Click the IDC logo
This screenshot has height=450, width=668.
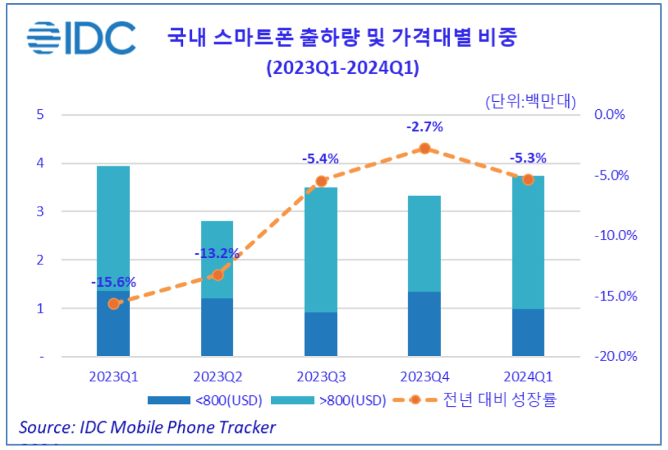coord(81,37)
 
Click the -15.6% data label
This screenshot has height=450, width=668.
coord(113,282)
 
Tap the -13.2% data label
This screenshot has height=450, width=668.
coord(217,254)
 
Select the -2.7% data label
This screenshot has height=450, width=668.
coord(425,127)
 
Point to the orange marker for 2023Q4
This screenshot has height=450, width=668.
coord(425,148)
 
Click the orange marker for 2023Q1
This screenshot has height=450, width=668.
coord(113,304)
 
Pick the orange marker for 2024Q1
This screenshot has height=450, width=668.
coord(528,180)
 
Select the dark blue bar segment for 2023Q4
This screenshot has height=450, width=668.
coord(425,324)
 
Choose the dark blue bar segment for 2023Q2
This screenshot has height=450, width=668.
coord(217,327)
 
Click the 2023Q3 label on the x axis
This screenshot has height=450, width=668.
coord(321,376)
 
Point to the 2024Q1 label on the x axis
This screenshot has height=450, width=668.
coord(528,376)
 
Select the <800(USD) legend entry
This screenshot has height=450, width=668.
coord(204,400)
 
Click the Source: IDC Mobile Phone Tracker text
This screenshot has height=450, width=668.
coord(147,426)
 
